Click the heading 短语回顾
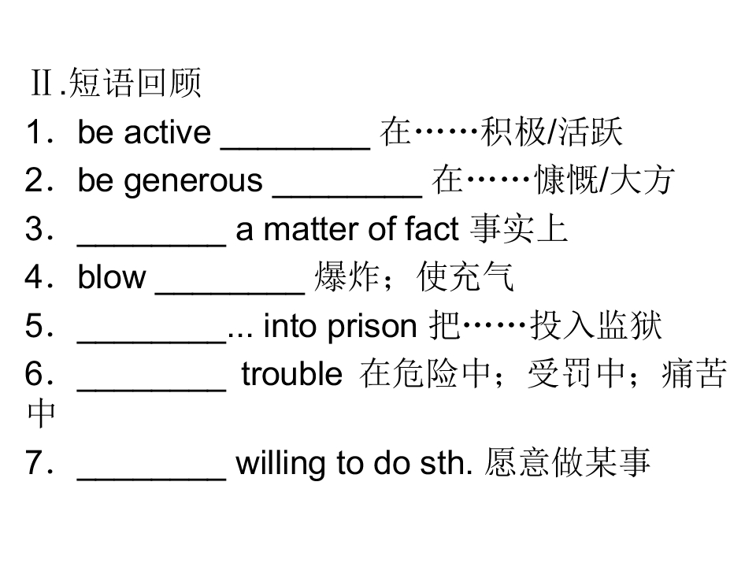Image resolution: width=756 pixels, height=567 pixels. [135, 83]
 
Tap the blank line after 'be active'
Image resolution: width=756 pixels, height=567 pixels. [295, 148]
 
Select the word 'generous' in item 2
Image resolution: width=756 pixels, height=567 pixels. [193, 182]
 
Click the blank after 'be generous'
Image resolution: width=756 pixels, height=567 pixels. [347, 196]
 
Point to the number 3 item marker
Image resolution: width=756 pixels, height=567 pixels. [37, 228]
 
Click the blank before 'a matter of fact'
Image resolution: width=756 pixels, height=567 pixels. [151, 245]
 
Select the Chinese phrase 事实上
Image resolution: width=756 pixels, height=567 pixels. [519, 228]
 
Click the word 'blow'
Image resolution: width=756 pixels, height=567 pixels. [111, 276]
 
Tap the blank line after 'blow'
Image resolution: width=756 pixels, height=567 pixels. [230, 292]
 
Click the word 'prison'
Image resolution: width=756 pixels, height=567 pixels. [372, 326]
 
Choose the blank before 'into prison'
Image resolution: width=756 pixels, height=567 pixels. [151, 342]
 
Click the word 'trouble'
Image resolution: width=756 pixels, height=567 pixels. [291, 373]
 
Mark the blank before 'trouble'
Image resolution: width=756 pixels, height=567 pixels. [151, 390]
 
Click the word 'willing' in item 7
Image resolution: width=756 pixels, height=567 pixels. [282, 463]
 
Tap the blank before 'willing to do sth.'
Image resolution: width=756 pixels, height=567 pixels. [151, 478]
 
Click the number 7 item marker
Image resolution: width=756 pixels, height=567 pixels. [37, 462]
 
